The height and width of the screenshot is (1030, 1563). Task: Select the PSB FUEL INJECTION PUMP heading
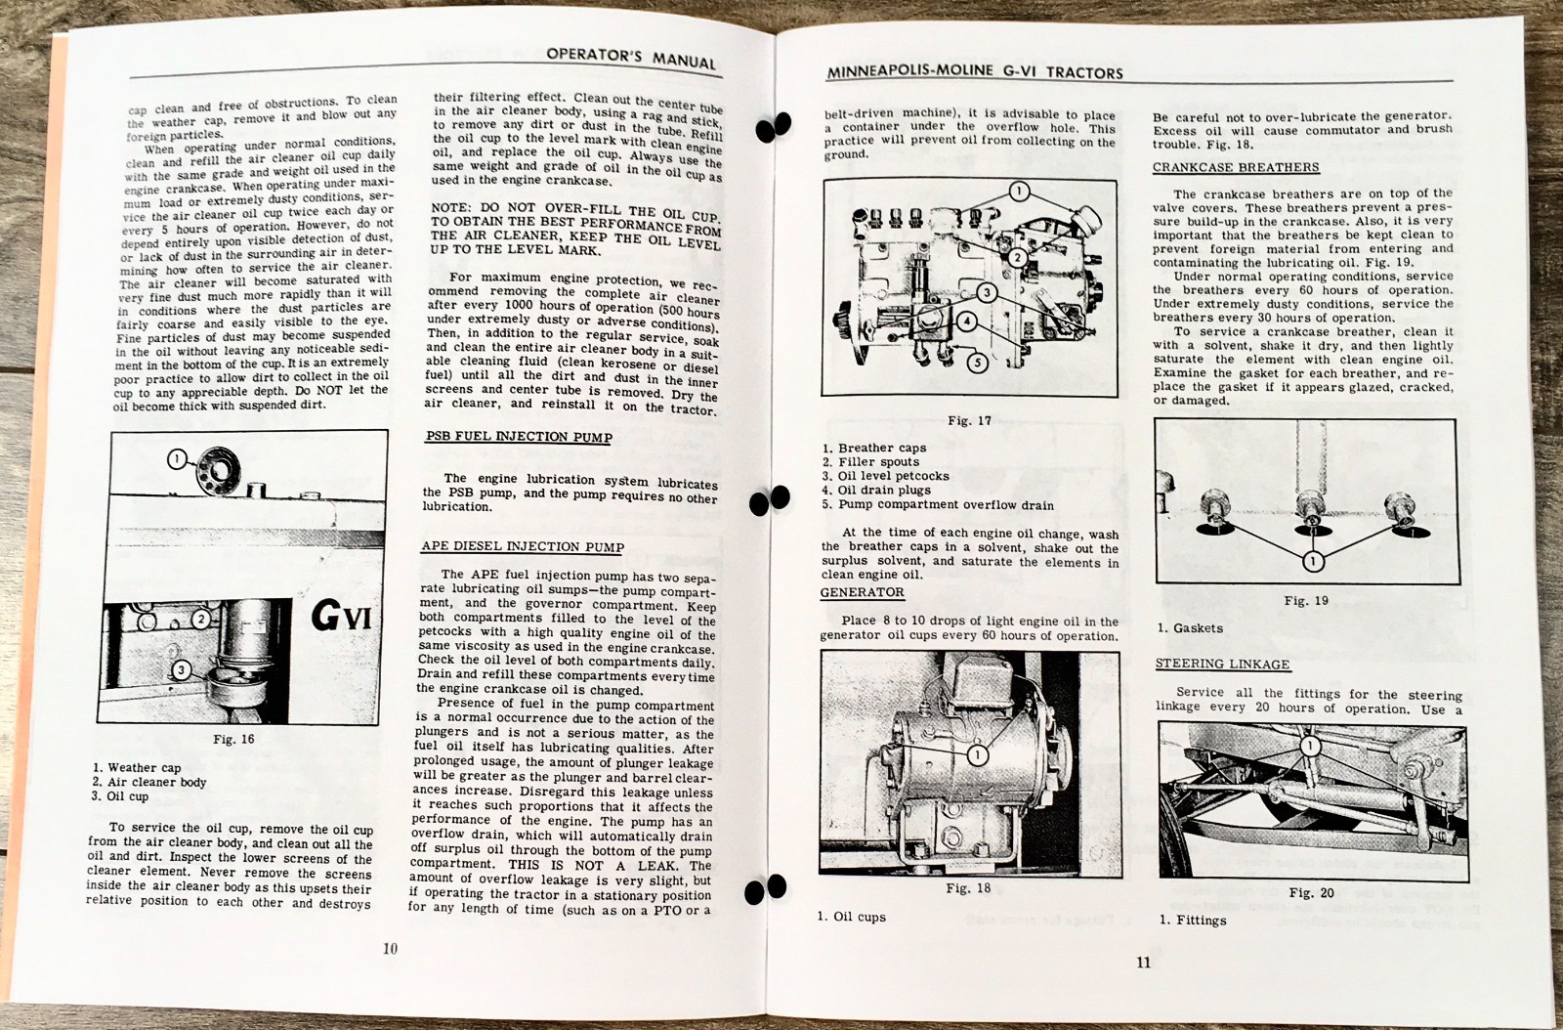(x=518, y=437)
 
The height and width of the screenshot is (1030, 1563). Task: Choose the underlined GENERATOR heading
(x=862, y=592)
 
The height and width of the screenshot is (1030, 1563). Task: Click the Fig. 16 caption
(x=233, y=739)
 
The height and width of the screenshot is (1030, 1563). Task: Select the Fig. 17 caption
(x=969, y=421)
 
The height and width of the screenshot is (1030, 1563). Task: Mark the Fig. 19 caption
(x=1306, y=601)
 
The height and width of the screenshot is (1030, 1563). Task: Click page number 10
(x=390, y=948)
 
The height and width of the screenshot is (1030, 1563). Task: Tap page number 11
(x=1143, y=963)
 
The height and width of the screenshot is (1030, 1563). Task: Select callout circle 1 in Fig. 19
(x=1311, y=561)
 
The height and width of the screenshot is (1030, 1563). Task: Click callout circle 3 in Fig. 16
(x=181, y=669)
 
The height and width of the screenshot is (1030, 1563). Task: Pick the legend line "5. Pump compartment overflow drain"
(x=938, y=505)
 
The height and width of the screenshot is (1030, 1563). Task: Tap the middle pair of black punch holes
(x=769, y=500)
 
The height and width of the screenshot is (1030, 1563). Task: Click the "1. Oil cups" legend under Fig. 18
(x=851, y=917)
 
